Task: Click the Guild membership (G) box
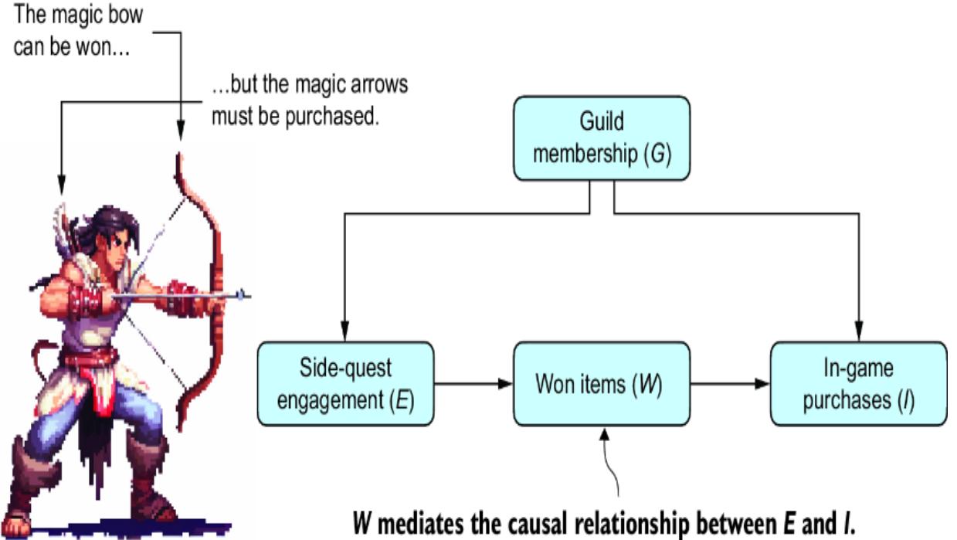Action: pos(601,138)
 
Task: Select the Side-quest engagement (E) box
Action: pos(345,383)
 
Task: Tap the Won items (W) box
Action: pos(602,383)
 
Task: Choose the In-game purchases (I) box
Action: pos(857,383)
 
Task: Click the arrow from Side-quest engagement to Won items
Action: pos(473,383)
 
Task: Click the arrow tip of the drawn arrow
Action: pos(244,294)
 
